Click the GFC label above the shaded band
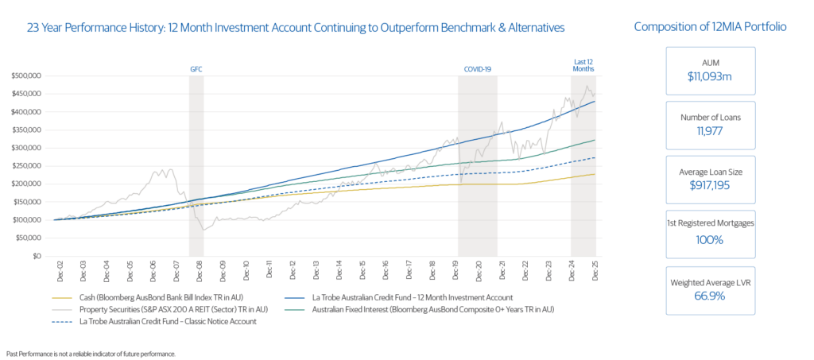pyautogui.click(x=196, y=69)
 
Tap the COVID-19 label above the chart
pyautogui.click(x=478, y=69)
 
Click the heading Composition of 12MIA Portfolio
pyautogui.click(x=710, y=27)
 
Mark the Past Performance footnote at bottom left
pyautogui.click(x=91, y=352)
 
